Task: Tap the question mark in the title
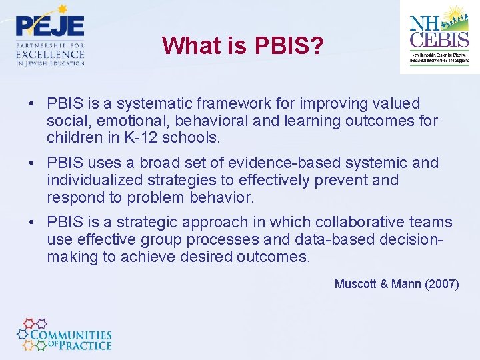[317, 45]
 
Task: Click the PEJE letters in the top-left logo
[50, 26]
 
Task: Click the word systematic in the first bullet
[145, 103]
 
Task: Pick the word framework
[221, 103]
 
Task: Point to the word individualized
[87, 180]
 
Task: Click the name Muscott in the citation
[355, 284]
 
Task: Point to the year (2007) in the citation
[441, 284]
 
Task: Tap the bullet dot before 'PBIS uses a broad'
[32, 163]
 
